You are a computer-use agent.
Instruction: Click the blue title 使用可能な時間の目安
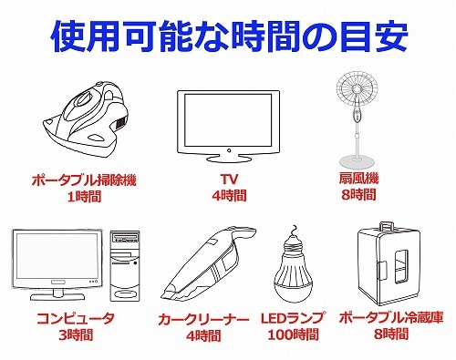[x=229, y=36]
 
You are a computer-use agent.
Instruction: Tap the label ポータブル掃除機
[x=84, y=180]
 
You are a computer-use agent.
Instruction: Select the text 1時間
[x=84, y=197]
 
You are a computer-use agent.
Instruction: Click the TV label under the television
[x=229, y=180]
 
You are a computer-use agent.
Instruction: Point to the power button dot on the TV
[x=229, y=150]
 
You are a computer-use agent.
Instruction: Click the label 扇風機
[x=358, y=179]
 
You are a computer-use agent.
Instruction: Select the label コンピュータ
[x=76, y=318]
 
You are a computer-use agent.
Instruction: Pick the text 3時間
[x=76, y=335]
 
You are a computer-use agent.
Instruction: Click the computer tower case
[x=125, y=265]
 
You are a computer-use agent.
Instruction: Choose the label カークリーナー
[x=203, y=319]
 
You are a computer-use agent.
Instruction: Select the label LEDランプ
[x=293, y=318]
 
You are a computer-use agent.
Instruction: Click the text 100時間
[x=293, y=334]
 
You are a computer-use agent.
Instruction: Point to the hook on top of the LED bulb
[x=294, y=230]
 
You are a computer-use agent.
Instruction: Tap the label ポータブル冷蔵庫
[x=391, y=318]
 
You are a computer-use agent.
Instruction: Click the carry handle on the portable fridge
[x=386, y=226]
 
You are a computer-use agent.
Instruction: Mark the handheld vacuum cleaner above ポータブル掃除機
[x=87, y=120]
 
